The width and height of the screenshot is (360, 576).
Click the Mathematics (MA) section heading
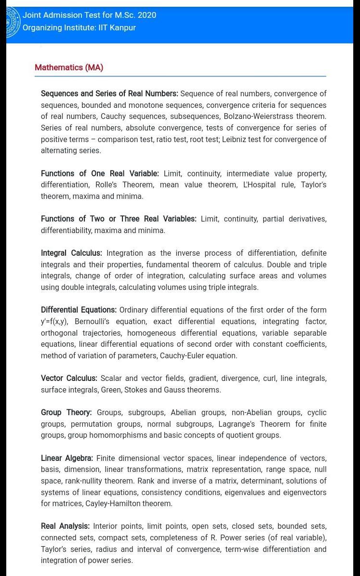click(x=69, y=67)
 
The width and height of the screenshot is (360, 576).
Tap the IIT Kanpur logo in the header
click(x=13, y=22)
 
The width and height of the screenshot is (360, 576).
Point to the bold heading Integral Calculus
click(x=71, y=253)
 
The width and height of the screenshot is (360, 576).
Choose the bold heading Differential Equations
click(x=79, y=310)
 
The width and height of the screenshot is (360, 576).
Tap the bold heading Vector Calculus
click(x=69, y=378)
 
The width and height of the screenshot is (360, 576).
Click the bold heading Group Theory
click(x=66, y=412)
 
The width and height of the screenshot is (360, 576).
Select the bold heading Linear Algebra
click(x=67, y=458)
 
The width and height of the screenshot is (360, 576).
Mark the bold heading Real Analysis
click(x=65, y=526)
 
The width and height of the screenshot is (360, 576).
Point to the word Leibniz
click(x=236, y=139)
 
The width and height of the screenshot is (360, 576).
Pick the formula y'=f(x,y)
click(x=54, y=321)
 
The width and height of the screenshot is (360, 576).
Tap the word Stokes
click(x=136, y=390)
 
